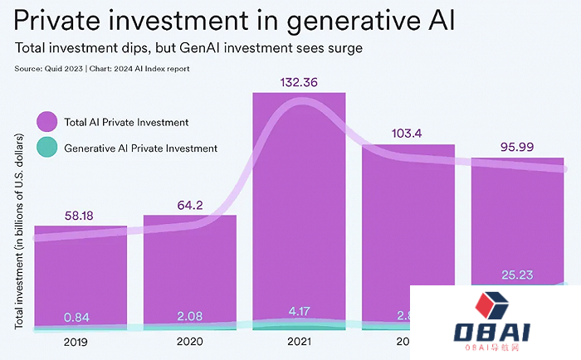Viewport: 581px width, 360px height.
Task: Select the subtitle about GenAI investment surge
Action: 188,49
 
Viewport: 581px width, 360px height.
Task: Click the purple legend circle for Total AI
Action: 47,122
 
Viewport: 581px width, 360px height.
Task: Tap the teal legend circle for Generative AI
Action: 47,148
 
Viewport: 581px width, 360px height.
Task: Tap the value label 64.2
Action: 190,205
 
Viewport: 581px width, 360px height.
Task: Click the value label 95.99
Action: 516,146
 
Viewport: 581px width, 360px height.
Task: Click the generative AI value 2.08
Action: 190,316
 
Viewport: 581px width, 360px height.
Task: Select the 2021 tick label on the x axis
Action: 299,341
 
